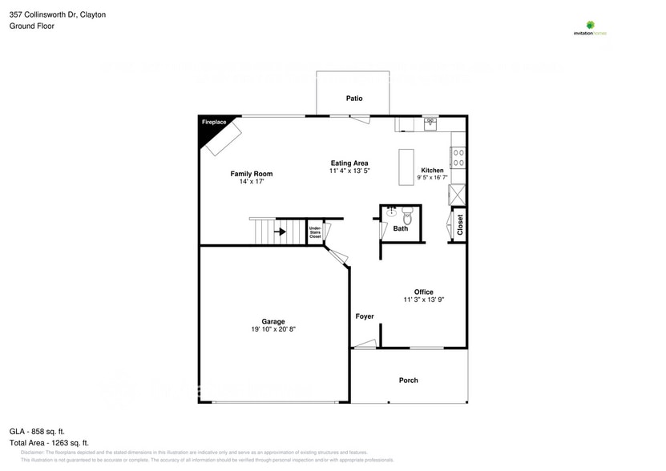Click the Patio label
coord(353,99)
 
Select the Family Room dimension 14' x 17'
coord(251,183)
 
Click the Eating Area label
coord(349,163)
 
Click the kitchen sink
coord(430,123)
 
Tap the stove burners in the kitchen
coord(458,157)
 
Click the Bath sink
coord(392,212)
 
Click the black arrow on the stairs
coord(280,233)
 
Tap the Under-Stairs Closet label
coord(315,232)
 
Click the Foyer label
coord(365,316)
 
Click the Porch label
coord(408,380)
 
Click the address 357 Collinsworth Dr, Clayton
coord(58,14)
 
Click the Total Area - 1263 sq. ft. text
coord(49,442)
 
